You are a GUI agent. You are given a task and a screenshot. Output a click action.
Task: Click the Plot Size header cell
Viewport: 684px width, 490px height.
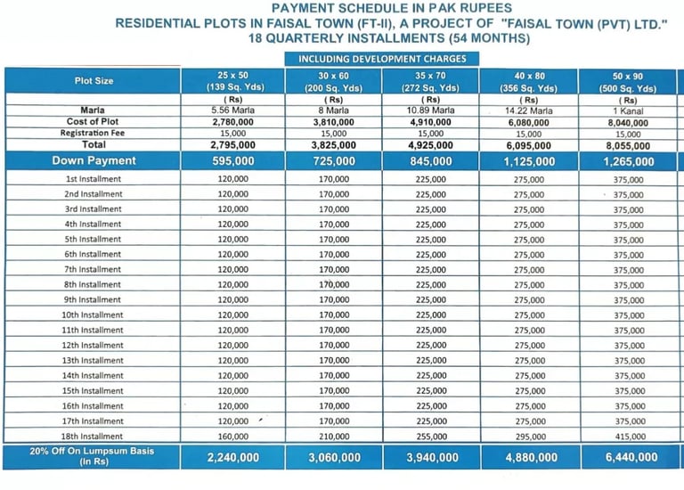[x=93, y=81]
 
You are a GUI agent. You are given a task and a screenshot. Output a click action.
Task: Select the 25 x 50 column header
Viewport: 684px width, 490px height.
[x=232, y=81]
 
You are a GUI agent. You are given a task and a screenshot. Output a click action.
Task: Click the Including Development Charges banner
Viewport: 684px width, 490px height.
[x=382, y=59]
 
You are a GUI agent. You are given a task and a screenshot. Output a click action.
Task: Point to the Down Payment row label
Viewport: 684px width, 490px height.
[x=93, y=161]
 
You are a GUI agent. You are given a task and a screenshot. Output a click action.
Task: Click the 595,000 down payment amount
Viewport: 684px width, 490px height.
[x=232, y=161]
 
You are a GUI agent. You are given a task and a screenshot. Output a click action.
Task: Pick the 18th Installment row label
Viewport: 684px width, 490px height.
[x=94, y=437]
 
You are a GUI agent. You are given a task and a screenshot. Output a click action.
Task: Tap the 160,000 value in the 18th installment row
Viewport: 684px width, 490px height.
[x=232, y=437]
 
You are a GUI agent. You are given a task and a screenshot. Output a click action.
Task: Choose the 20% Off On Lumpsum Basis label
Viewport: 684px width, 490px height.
[x=93, y=457]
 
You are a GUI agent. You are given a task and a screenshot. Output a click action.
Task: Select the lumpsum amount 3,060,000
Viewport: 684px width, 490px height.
[x=334, y=458]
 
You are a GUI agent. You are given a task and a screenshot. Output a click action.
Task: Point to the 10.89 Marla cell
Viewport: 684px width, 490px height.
[x=430, y=110]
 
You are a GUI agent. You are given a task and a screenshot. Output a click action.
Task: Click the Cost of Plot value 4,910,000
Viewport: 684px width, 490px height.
[x=430, y=121]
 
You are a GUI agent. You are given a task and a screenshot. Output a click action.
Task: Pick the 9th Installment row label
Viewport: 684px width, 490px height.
[x=94, y=300]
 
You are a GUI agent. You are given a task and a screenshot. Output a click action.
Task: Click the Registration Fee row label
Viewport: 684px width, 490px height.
[x=93, y=133]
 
